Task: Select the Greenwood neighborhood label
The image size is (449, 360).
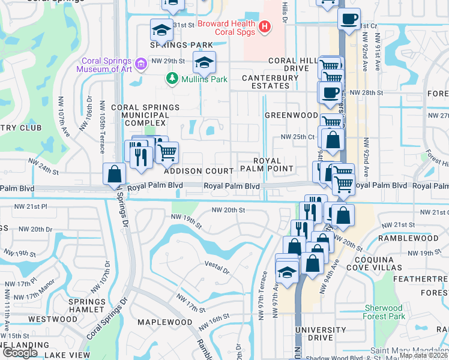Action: (x=291, y=115)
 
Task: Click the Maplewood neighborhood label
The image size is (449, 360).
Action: (x=158, y=322)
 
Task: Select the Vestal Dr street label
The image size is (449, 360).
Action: (x=217, y=268)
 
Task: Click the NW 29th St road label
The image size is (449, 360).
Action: (x=166, y=61)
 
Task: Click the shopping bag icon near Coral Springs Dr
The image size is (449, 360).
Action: (x=114, y=175)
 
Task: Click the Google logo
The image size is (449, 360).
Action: (x=20, y=353)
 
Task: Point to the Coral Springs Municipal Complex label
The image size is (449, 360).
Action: (x=145, y=115)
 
